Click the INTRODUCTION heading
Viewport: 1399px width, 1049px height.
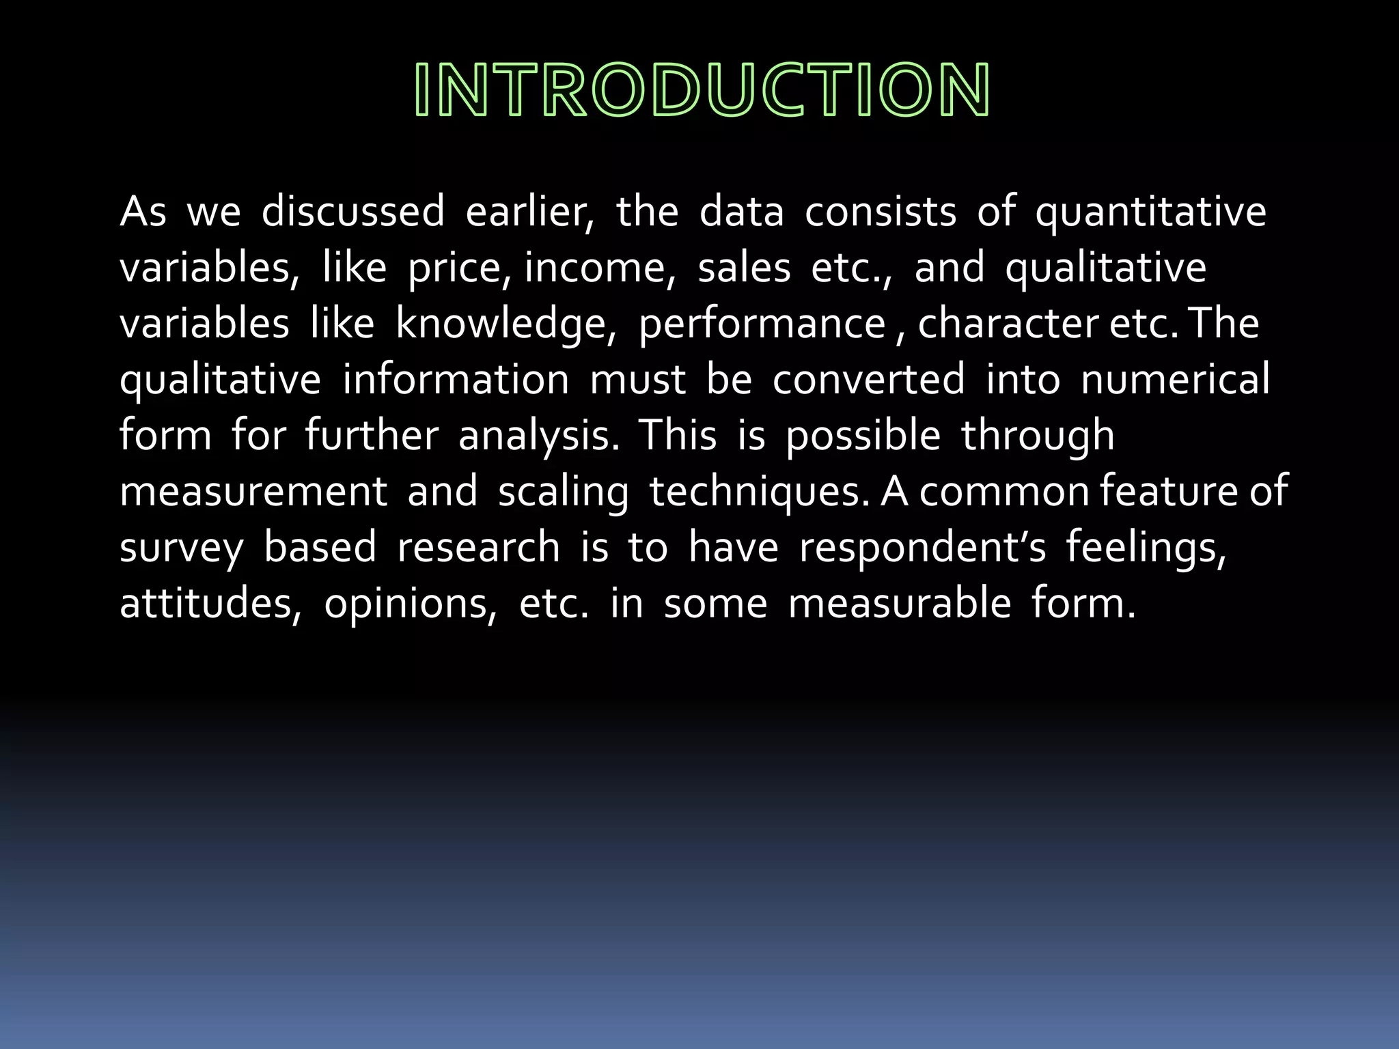click(702, 89)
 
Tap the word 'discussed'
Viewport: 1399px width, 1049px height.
click(352, 211)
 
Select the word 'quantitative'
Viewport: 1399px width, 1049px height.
click(1150, 212)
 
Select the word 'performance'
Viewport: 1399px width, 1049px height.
click(761, 324)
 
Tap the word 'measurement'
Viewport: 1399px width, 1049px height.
click(253, 492)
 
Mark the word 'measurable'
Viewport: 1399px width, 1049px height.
click(899, 604)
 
